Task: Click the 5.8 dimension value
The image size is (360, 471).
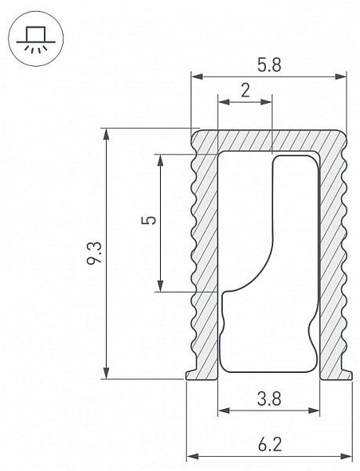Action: [x=269, y=65]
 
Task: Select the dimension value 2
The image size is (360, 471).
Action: [x=245, y=90]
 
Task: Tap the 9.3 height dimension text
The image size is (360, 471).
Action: [x=94, y=254]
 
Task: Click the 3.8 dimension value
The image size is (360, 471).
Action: [x=269, y=400]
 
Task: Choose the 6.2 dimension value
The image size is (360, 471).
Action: [x=270, y=445]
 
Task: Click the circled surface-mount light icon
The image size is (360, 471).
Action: [x=36, y=38]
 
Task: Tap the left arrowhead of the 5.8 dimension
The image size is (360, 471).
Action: [x=197, y=77]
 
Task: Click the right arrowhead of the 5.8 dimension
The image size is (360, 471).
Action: [x=341, y=77]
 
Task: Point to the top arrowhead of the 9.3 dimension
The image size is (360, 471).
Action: [x=106, y=134]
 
